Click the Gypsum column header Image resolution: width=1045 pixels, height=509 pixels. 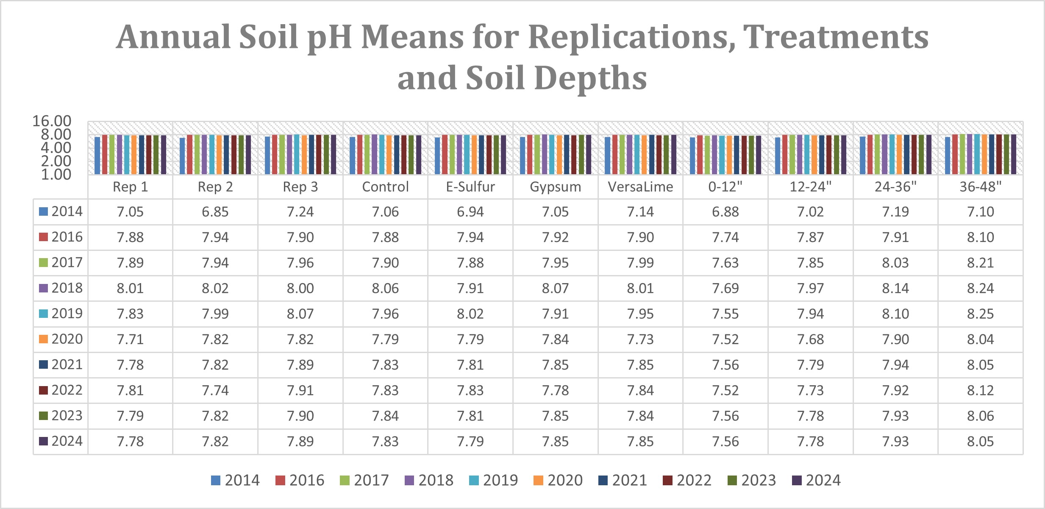(x=555, y=187)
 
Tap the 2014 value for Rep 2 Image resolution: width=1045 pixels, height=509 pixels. (x=215, y=211)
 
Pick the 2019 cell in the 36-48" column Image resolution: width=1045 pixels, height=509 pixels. (x=980, y=314)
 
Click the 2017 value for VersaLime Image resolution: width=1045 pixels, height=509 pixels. (x=640, y=263)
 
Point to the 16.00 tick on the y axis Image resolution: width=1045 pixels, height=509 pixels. (x=52, y=121)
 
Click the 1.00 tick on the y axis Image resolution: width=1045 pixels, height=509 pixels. (x=56, y=174)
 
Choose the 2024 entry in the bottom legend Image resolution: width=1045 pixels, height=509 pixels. (x=817, y=480)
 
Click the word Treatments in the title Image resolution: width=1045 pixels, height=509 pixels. (x=835, y=37)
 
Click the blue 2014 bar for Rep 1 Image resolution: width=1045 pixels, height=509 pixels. (x=97, y=155)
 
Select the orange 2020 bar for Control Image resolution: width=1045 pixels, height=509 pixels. (x=389, y=155)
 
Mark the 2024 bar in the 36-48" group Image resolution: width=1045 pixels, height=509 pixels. (x=1014, y=154)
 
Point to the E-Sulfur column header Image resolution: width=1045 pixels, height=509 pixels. (x=470, y=187)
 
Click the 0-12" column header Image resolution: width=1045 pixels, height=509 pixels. (x=725, y=187)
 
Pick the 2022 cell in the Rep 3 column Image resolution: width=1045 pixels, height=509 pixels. (x=300, y=390)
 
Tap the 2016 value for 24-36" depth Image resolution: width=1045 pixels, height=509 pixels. (x=895, y=237)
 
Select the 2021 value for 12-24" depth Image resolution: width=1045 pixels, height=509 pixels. (x=810, y=365)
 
